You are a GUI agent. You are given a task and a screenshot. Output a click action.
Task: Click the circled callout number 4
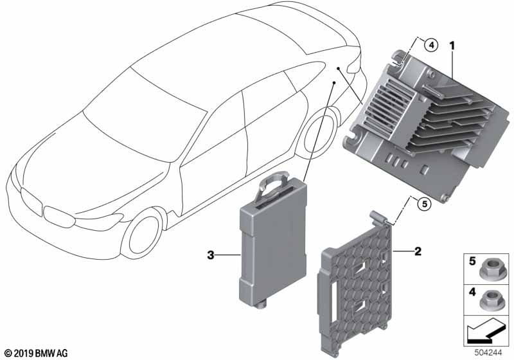pyautogui.click(x=431, y=45)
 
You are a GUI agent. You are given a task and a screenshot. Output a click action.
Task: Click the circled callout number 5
pyautogui.click(x=424, y=204)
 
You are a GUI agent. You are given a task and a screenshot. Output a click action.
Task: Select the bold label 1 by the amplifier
pyautogui.click(x=452, y=46)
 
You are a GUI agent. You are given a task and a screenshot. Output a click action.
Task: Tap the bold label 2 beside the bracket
pyautogui.click(x=418, y=251)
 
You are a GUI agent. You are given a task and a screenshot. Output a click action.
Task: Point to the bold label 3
pyautogui.click(x=211, y=255)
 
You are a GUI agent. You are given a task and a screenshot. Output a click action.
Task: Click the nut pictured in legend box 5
pyautogui.click(x=488, y=271)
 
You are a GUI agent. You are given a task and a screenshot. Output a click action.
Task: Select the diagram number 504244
pyautogui.click(x=488, y=353)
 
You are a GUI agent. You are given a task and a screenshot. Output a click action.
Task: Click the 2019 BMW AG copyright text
pyautogui.click(x=37, y=353)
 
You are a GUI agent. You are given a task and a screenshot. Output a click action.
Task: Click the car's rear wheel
pyautogui.click(x=322, y=134)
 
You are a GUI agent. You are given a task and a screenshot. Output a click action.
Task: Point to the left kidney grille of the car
pyautogui.click(x=31, y=203)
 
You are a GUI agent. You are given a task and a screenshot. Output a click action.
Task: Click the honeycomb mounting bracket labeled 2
pyautogui.click(x=356, y=283)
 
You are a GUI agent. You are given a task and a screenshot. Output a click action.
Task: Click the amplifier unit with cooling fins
pyautogui.click(x=425, y=125)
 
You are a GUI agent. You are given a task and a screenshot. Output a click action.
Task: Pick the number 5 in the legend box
pyautogui.click(x=472, y=261)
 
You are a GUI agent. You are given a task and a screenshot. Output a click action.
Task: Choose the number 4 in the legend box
pyautogui.click(x=472, y=292)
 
